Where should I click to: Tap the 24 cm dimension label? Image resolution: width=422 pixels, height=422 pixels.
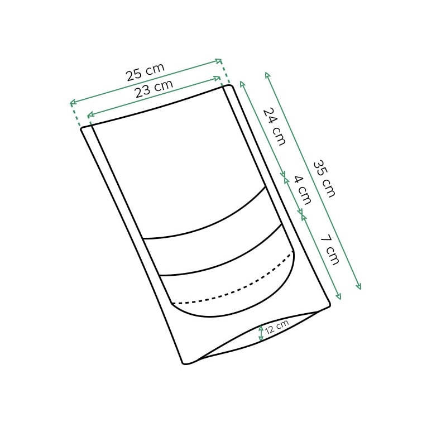click(274, 126)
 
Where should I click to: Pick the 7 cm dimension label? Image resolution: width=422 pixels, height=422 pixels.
click(329, 250)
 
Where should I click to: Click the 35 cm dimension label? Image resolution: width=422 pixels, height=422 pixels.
click(324, 179)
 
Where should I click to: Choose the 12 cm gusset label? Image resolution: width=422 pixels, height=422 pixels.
click(277, 327)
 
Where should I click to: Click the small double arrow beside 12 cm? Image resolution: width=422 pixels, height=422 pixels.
click(261, 333)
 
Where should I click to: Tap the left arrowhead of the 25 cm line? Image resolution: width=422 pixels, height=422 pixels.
click(71, 103)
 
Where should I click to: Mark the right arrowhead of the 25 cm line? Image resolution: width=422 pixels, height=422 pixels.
click(220, 60)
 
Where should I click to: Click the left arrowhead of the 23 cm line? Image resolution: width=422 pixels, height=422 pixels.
click(89, 116)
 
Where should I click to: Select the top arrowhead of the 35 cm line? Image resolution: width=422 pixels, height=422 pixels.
click(267, 74)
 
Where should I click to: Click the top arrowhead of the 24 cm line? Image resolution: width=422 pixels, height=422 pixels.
click(242, 83)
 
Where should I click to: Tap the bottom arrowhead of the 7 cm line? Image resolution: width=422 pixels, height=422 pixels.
click(339, 297)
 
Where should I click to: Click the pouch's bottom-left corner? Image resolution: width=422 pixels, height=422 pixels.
click(185, 363)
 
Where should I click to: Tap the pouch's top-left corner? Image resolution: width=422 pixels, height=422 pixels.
click(83, 129)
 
